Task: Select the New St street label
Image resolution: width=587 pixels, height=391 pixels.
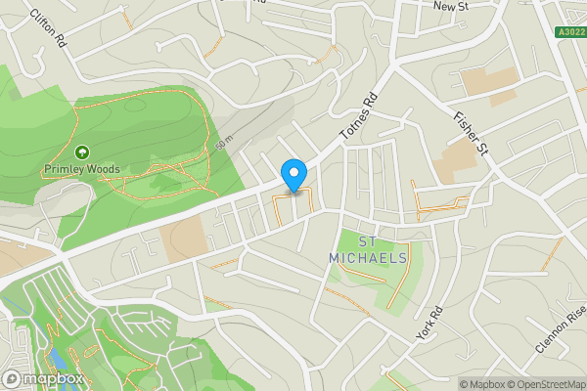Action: pos(452,6)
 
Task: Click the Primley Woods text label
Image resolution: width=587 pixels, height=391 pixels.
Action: pos(81,169)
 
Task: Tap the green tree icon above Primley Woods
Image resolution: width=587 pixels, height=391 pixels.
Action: pos(81,152)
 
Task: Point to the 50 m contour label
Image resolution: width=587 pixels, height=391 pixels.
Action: pos(225,144)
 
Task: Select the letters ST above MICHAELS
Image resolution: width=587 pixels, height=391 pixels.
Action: pos(368,241)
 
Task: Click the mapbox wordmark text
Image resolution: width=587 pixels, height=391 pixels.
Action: pos(54,378)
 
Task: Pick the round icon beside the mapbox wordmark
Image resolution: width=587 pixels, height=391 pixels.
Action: pos(13,378)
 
